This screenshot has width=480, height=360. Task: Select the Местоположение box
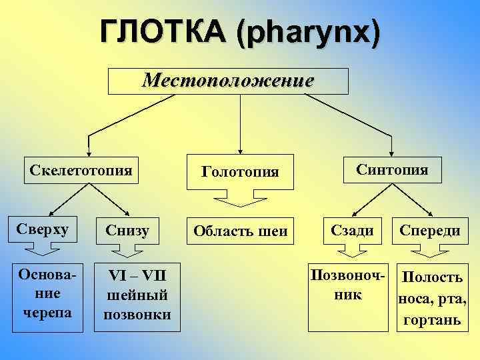229,81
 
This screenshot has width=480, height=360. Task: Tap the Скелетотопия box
81,169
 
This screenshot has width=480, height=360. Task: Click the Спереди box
429,230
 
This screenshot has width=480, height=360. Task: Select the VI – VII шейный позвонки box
137,295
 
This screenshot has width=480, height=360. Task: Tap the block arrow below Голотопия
240,199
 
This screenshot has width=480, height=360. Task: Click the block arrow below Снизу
125,251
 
